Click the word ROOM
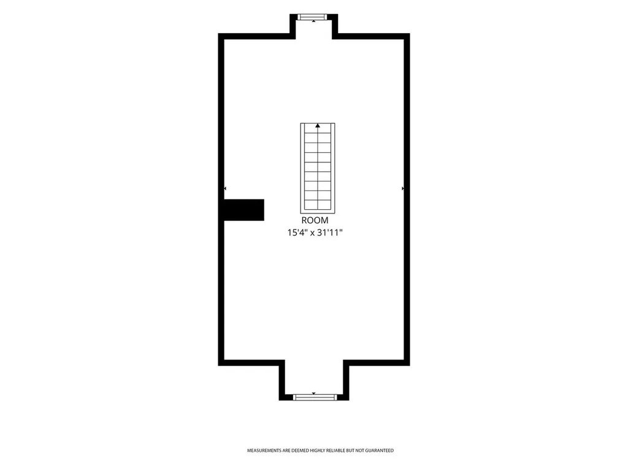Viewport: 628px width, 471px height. (315, 220)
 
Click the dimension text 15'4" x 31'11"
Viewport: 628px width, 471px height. (315, 232)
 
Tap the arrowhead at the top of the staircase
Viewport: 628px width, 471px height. (318, 126)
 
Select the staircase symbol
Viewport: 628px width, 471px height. (318, 168)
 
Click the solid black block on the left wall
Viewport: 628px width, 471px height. (243, 210)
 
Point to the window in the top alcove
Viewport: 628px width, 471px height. (313, 17)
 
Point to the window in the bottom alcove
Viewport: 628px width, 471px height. (315, 397)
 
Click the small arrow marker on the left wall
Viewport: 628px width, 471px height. (225, 188)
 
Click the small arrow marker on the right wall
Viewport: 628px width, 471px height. (402, 188)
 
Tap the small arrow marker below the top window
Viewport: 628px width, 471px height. (313, 21)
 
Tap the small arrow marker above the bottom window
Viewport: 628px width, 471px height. (313, 393)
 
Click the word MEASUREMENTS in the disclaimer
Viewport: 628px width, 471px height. (264, 451)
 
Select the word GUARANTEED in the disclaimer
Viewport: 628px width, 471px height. (379, 451)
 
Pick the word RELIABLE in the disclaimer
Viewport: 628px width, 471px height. (335, 451)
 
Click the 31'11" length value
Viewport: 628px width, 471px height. (330, 232)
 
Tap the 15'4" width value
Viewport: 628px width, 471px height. (298, 232)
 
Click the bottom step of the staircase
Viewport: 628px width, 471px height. (318, 205)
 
